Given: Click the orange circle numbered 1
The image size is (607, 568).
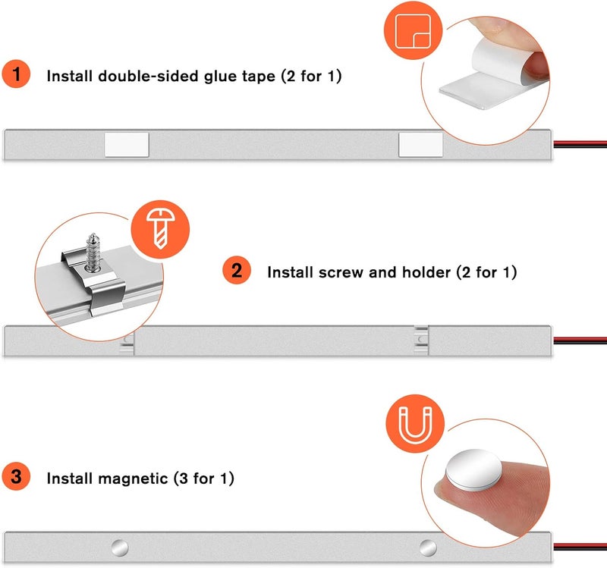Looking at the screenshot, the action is click(16, 74).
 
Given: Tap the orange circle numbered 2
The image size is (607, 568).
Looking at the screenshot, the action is click(237, 270).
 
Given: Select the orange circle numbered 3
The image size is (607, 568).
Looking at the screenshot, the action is click(16, 476).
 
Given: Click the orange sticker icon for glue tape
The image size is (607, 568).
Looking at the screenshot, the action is click(413, 30).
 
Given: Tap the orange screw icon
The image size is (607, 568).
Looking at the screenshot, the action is click(160, 229).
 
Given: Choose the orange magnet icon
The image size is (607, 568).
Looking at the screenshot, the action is click(415, 423).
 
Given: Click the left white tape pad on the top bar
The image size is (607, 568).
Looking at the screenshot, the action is click(127, 145).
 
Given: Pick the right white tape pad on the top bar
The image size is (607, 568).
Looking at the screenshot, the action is click(421, 145).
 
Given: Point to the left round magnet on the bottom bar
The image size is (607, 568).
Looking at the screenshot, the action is click(120, 548).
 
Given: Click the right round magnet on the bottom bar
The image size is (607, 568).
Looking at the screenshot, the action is click(428, 548).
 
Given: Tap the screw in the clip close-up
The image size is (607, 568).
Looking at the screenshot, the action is click(93, 253).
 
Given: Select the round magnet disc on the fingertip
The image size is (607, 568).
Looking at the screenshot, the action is click(473, 470).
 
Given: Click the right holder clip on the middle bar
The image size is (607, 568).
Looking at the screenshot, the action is click(421, 340).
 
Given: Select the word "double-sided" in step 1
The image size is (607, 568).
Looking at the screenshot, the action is click(148, 76).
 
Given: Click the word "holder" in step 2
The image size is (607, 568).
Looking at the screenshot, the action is click(426, 272).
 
